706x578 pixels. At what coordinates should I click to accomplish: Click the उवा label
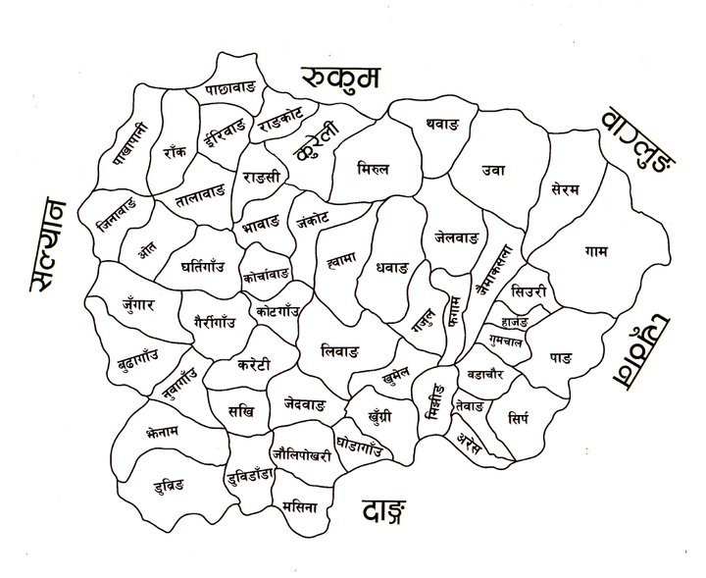(x=493, y=170)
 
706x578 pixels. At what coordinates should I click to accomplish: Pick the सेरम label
(x=566, y=186)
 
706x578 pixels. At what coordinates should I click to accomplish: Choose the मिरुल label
(x=375, y=169)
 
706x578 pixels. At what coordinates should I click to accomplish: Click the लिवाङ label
(x=340, y=349)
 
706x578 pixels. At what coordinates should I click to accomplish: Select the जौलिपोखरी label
(x=302, y=442)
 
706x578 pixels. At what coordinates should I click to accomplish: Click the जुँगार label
(x=138, y=304)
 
